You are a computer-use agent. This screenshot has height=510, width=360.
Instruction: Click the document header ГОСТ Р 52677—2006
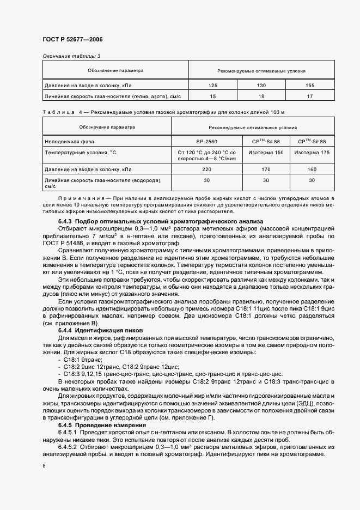[72, 39]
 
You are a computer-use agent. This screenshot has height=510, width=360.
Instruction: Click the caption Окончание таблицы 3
[71, 56]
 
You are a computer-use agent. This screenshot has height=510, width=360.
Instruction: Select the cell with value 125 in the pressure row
[213, 86]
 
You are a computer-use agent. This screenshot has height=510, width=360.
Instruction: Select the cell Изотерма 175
[312, 153]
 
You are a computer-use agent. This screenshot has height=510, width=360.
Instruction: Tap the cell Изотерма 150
[266, 153]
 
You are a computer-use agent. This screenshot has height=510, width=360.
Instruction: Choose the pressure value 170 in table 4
[266, 169]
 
